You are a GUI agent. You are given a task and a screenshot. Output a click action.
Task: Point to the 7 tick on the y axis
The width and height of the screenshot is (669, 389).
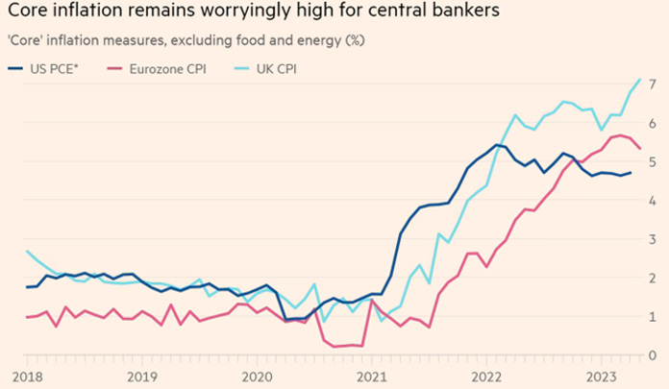pos(653,85)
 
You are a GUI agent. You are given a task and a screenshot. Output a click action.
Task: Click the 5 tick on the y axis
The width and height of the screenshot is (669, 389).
pos(653,161)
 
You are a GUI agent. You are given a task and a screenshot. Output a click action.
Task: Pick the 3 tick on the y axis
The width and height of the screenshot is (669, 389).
pos(653,239)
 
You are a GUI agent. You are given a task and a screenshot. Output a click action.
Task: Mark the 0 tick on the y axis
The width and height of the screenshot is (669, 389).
pos(653,354)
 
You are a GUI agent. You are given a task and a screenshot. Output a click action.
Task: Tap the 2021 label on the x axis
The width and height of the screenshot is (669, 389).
pos(370,376)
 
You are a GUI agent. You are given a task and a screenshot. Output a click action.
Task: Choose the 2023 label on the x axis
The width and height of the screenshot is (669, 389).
pos(600,376)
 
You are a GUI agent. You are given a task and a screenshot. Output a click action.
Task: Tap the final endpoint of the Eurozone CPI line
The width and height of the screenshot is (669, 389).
pos(641,148)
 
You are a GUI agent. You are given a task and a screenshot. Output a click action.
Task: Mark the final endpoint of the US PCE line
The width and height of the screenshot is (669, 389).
pos(630,173)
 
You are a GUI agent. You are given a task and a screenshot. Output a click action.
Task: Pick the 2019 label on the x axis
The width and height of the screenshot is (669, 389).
pos(141,376)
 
